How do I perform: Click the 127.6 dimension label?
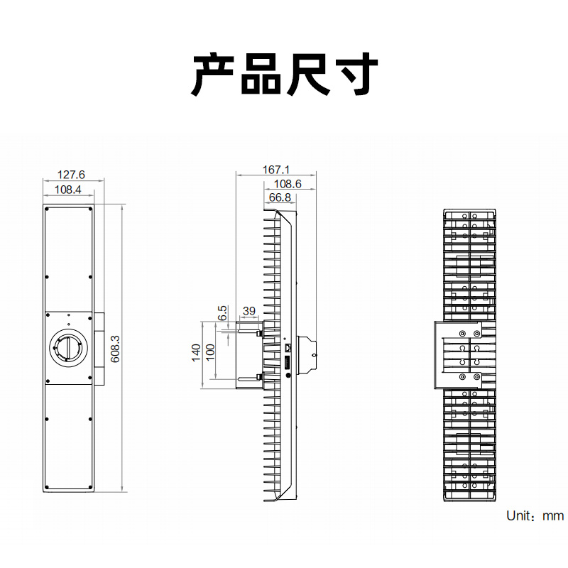[x=71, y=174]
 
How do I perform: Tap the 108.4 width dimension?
[x=68, y=190]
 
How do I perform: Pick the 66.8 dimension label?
[x=280, y=197]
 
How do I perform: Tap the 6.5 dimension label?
[x=222, y=312]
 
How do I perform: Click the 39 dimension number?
[x=249, y=311]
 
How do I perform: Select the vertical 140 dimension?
[x=197, y=353]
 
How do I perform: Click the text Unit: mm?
[x=535, y=516]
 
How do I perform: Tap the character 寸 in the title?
[x=354, y=74]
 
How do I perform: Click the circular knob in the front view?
[x=68, y=349]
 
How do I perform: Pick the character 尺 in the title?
[x=307, y=74]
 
